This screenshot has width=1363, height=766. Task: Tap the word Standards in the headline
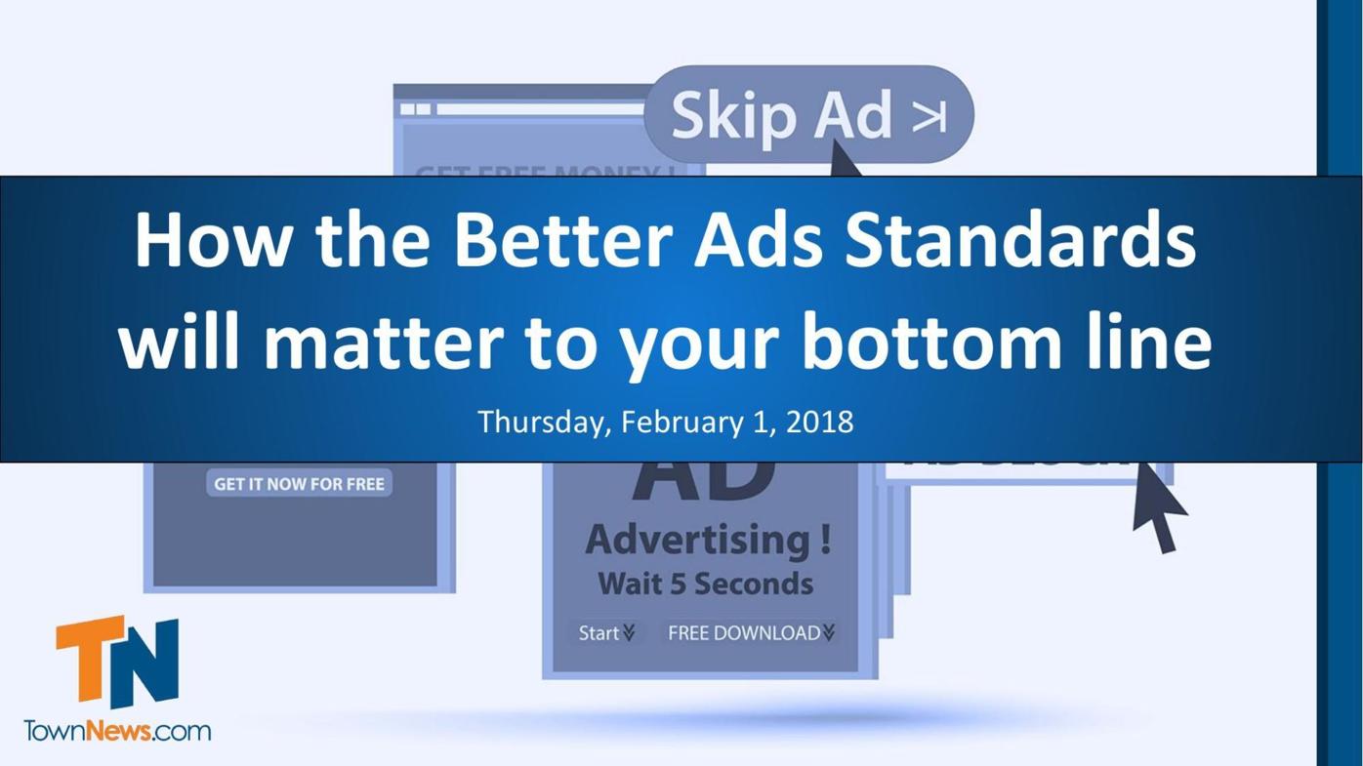pos(1019,240)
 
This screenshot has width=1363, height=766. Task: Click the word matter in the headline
pos(383,342)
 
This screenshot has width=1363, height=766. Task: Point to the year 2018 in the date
pos(819,422)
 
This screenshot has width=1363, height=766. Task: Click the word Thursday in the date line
pos(545,422)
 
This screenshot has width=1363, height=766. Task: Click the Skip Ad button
pos(808,114)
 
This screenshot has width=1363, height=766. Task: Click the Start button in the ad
pos(605,633)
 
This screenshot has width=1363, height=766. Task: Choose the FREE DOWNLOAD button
pos(750,633)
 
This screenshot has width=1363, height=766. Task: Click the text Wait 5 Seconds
pos(705,584)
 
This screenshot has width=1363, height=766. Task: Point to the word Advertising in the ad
pos(708,539)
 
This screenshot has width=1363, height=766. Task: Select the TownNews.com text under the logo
pos(117,731)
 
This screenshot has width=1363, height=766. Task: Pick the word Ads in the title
pos(759,240)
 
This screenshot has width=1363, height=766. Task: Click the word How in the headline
pos(212,240)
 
